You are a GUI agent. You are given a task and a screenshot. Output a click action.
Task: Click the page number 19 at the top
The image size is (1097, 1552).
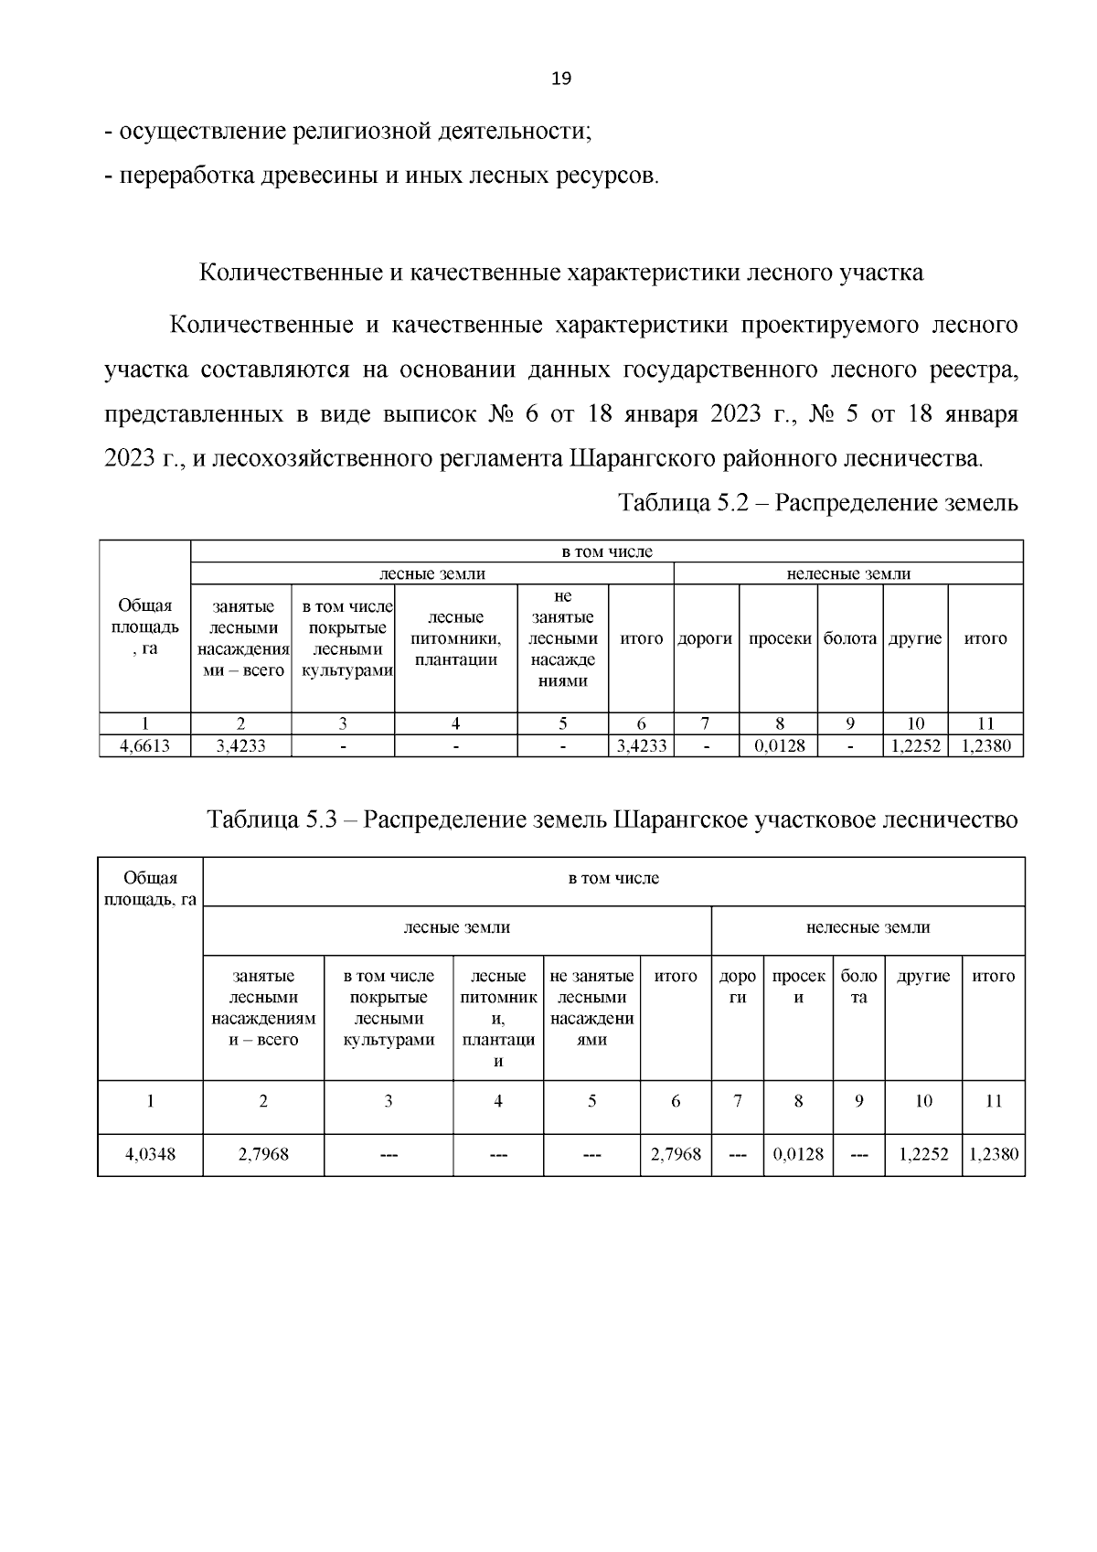(x=561, y=79)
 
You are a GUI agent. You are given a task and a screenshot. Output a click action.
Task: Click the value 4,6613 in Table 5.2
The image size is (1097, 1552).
(x=144, y=746)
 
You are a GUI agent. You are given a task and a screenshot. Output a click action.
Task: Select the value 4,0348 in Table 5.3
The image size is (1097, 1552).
(x=150, y=1154)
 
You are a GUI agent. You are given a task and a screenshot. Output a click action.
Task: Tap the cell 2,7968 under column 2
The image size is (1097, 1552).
(x=263, y=1154)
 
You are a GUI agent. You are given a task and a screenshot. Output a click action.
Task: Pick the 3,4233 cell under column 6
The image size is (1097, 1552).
(x=641, y=746)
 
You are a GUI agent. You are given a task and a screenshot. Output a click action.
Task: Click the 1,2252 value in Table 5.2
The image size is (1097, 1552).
(x=915, y=746)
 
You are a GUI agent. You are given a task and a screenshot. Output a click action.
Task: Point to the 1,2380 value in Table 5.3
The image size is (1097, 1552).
(x=993, y=1154)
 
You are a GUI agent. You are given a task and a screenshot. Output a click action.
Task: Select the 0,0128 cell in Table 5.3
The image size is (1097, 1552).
(x=798, y=1154)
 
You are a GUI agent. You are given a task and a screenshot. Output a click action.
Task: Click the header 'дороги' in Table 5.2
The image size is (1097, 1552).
(x=706, y=638)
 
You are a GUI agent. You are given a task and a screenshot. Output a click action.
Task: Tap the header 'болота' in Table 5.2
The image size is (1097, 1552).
(x=850, y=638)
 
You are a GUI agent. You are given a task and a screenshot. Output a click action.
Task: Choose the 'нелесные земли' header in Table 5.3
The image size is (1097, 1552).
(x=868, y=927)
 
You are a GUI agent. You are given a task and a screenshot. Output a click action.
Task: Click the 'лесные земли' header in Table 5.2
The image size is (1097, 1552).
(x=432, y=574)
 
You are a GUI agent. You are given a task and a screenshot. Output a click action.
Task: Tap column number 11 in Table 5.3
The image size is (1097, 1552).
(x=993, y=1101)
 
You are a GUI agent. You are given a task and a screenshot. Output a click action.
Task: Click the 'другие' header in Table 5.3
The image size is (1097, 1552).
(x=923, y=976)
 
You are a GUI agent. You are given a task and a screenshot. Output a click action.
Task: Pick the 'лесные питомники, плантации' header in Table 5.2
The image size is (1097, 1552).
(x=455, y=638)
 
